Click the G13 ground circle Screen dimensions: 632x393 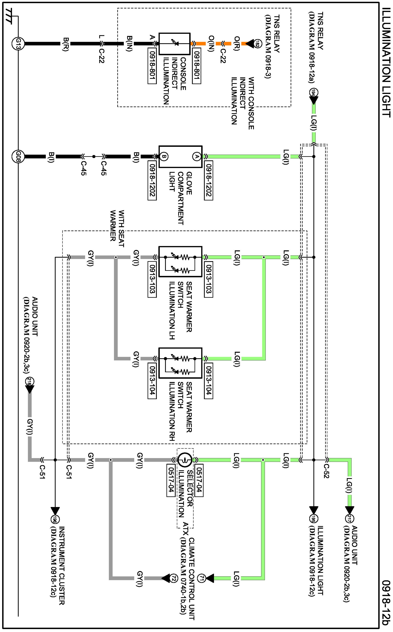click(x=18, y=44)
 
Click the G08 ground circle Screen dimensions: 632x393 click(x=18, y=157)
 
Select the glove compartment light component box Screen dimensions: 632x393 click(x=180, y=157)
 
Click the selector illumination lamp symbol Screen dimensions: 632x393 click(x=185, y=460)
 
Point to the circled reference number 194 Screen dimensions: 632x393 click(x=314, y=93)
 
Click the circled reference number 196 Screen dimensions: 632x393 click(x=55, y=519)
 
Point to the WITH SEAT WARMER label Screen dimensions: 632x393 click(x=117, y=229)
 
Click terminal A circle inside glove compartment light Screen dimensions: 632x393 click(x=196, y=157)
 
